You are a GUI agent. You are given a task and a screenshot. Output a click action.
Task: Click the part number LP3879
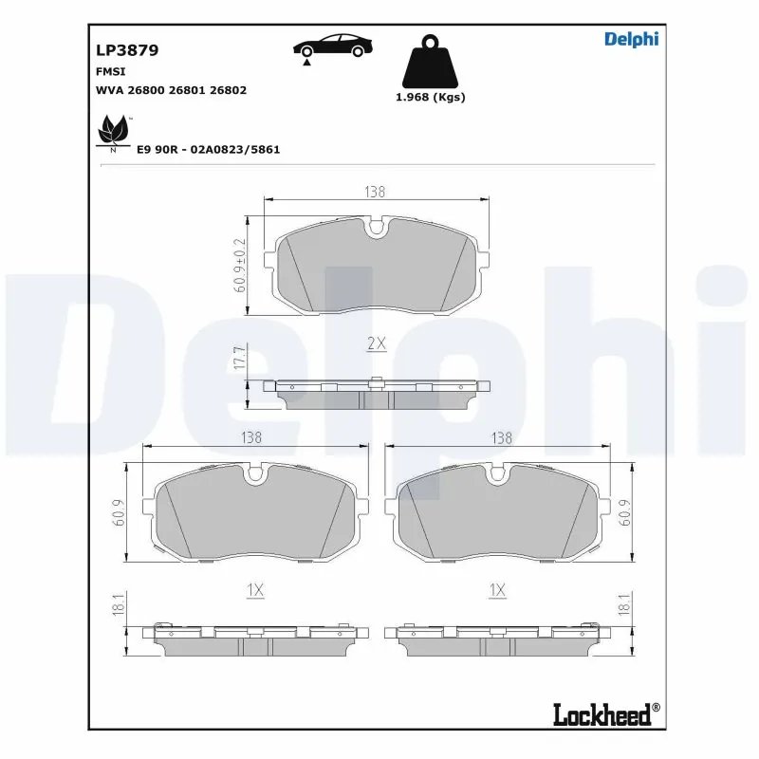point(126,50)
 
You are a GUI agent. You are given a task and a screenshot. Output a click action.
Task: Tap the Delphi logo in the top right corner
point(631,39)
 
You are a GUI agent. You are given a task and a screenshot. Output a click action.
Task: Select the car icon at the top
point(332,46)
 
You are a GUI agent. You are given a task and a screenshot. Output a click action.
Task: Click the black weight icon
point(429,62)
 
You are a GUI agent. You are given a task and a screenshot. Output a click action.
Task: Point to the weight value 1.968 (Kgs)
point(430,97)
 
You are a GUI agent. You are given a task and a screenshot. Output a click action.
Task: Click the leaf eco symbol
point(114,131)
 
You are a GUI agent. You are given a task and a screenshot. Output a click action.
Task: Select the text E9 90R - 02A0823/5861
point(209,150)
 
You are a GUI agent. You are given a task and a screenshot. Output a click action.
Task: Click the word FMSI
point(110,71)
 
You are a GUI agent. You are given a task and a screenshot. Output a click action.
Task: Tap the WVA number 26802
point(229,90)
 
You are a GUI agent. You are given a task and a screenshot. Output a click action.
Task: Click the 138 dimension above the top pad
point(376,192)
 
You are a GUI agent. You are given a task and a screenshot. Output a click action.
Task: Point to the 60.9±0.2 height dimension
point(239,266)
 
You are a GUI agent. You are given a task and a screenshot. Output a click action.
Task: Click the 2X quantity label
point(376,343)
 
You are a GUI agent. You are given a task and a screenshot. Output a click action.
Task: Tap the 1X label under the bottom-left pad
point(254,590)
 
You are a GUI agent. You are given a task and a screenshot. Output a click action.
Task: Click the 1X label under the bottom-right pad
point(496,590)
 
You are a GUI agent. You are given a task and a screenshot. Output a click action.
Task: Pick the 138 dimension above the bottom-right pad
point(501,437)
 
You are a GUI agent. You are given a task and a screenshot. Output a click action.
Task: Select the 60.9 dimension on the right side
point(625,511)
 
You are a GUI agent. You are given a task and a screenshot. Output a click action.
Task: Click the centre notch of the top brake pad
point(376,229)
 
